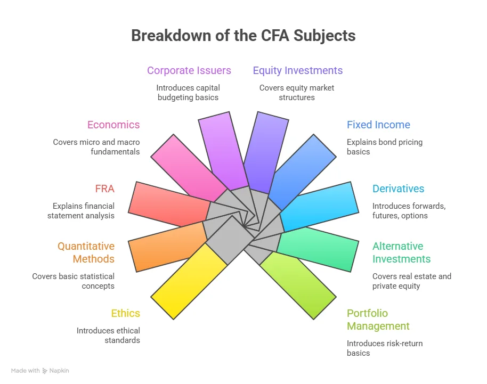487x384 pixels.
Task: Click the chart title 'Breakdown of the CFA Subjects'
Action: [243, 36]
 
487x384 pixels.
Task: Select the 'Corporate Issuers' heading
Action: [189, 70]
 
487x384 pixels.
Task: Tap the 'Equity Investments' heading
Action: [297, 70]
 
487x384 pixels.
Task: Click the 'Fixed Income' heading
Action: [378, 125]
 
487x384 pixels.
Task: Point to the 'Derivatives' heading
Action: [398, 189]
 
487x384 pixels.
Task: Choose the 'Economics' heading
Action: [113, 125]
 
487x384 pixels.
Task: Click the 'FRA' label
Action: [105, 189]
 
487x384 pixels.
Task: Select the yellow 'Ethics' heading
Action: [125, 313]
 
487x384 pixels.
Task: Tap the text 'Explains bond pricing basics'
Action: [384, 147]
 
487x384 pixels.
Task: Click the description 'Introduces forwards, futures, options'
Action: [408, 210]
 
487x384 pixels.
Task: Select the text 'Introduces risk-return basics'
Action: [384, 348]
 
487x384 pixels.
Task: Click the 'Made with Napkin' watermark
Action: [40, 371]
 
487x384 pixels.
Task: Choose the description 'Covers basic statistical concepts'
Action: [73, 281]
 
